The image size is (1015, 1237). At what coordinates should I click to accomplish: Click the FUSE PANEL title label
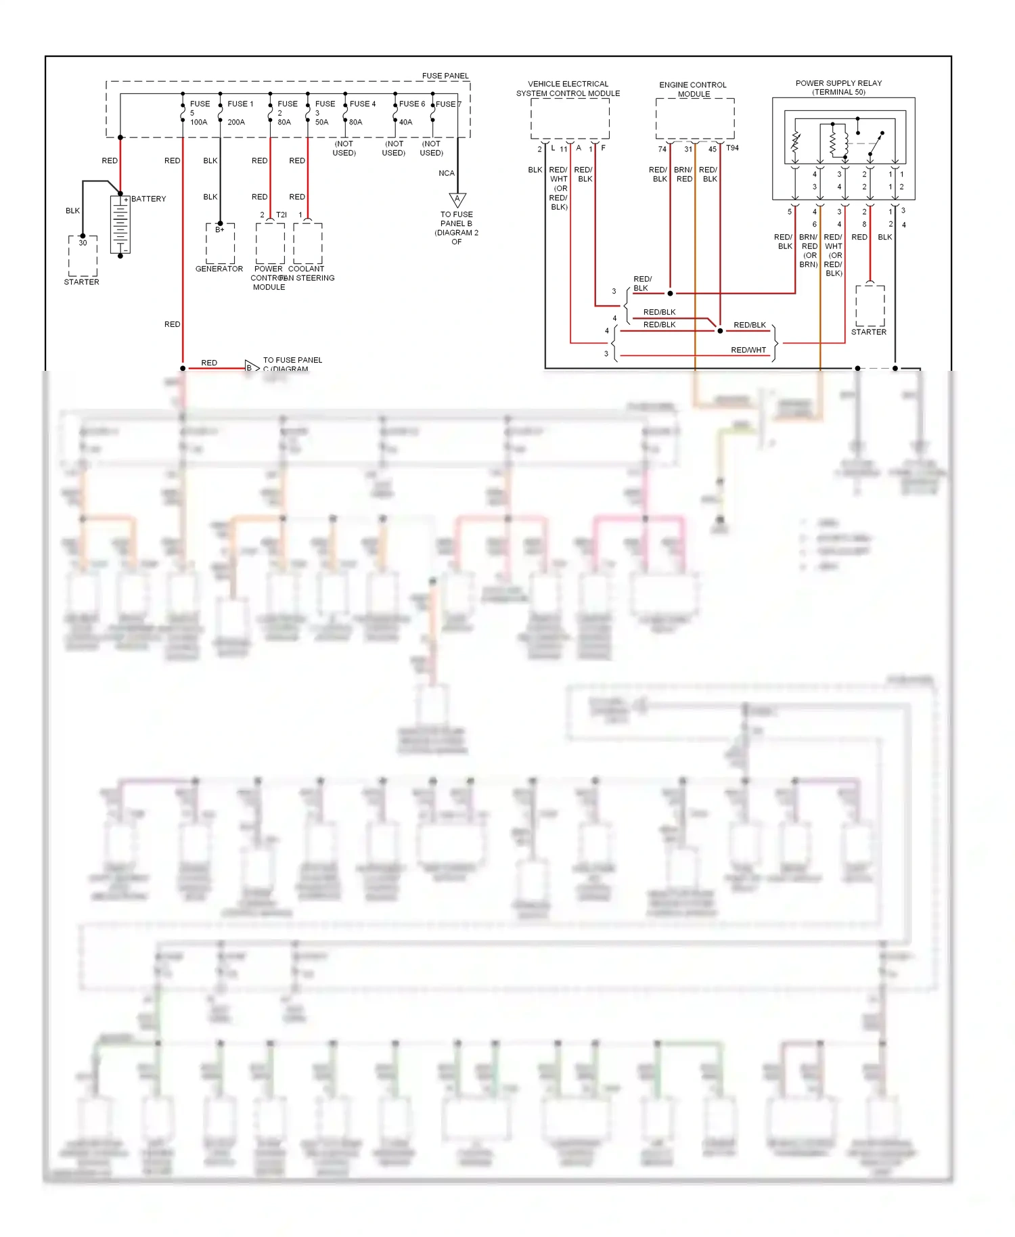[x=445, y=76]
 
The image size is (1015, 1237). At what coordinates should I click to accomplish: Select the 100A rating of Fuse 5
[x=198, y=122]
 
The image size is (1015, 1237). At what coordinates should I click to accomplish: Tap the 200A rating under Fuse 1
[x=236, y=122]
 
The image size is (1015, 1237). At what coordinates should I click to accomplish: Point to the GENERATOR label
[x=219, y=269]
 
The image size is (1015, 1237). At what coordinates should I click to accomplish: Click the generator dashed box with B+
[x=220, y=244]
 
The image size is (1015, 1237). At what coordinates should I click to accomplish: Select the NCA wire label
[x=446, y=173]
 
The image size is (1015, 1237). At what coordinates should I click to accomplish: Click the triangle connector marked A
[x=457, y=200]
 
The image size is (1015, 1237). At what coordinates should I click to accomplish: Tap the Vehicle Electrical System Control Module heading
[x=568, y=89]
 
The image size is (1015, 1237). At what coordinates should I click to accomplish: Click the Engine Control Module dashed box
[x=694, y=119]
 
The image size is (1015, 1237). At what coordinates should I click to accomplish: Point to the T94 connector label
[x=732, y=148]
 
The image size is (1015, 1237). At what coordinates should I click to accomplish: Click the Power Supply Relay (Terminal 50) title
[x=838, y=87]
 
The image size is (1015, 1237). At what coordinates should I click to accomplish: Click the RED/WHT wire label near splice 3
[x=748, y=350]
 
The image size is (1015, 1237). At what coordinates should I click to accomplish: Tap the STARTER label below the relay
[x=868, y=332]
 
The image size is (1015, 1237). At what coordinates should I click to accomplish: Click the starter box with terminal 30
[x=83, y=256]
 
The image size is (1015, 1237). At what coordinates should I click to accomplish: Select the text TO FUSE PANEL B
[x=456, y=219]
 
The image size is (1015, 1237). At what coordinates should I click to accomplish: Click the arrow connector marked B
[x=251, y=367]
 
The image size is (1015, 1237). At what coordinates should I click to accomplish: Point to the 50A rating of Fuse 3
[x=321, y=122]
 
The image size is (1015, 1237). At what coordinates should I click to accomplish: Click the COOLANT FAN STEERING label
[x=307, y=273]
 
